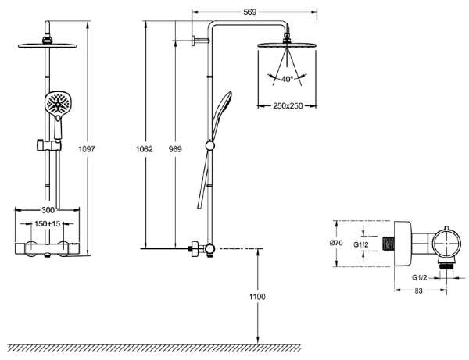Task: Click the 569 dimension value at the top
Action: (x=250, y=12)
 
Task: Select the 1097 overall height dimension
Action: (x=87, y=149)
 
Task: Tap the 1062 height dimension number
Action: (x=144, y=149)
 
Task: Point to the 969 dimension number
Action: (x=175, y=149)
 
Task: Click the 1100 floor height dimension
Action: (x=257, y=297)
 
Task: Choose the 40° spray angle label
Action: (x=287, y=79)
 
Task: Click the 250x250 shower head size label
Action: (x=288, y=105)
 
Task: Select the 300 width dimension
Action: (x=48, y=210)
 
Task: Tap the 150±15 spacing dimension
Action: (x=47, y=223)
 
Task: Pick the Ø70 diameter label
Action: (x=336, y=243)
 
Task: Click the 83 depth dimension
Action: (x=419, y=290)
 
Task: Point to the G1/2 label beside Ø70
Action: (x=361, y=244)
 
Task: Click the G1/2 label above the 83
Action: (x=419, y=277)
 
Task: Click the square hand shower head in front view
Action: (x=59, y=102)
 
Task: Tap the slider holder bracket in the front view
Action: (x=49, y=144)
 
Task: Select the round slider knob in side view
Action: (x=210, y=145)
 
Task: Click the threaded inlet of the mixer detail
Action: (x=388, y=244)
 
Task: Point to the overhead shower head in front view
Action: (x=47, y=45)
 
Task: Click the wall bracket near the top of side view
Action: (x=200, y=41)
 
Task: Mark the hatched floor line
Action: (x=154, y=348)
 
